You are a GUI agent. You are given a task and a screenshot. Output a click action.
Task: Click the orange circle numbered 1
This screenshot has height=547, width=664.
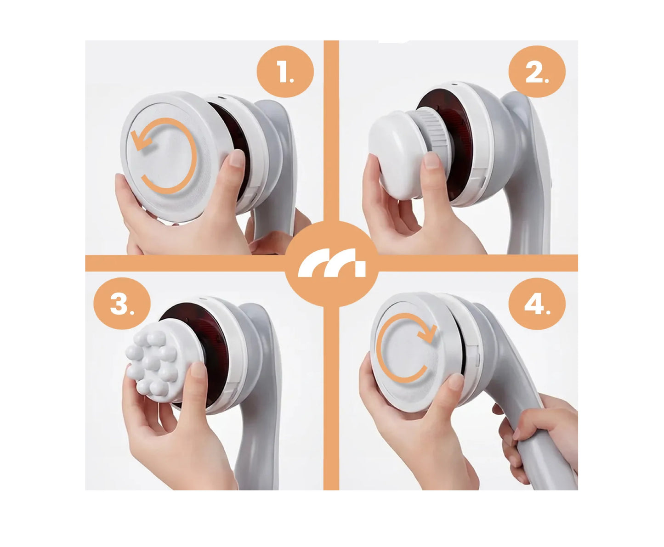point(285,72)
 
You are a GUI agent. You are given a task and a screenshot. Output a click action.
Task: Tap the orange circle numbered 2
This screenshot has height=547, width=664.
point(537,72)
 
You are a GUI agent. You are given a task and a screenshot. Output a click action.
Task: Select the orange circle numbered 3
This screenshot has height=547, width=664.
point(122,304)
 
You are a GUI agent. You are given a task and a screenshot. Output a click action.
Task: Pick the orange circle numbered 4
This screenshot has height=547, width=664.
point(537,304)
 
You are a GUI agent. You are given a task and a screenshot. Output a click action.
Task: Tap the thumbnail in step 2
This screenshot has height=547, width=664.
point(431,161)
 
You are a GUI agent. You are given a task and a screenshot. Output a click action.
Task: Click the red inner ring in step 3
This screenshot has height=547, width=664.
point(202,321)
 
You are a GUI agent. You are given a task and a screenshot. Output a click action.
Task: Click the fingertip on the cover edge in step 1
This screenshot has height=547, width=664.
point(236,159)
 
